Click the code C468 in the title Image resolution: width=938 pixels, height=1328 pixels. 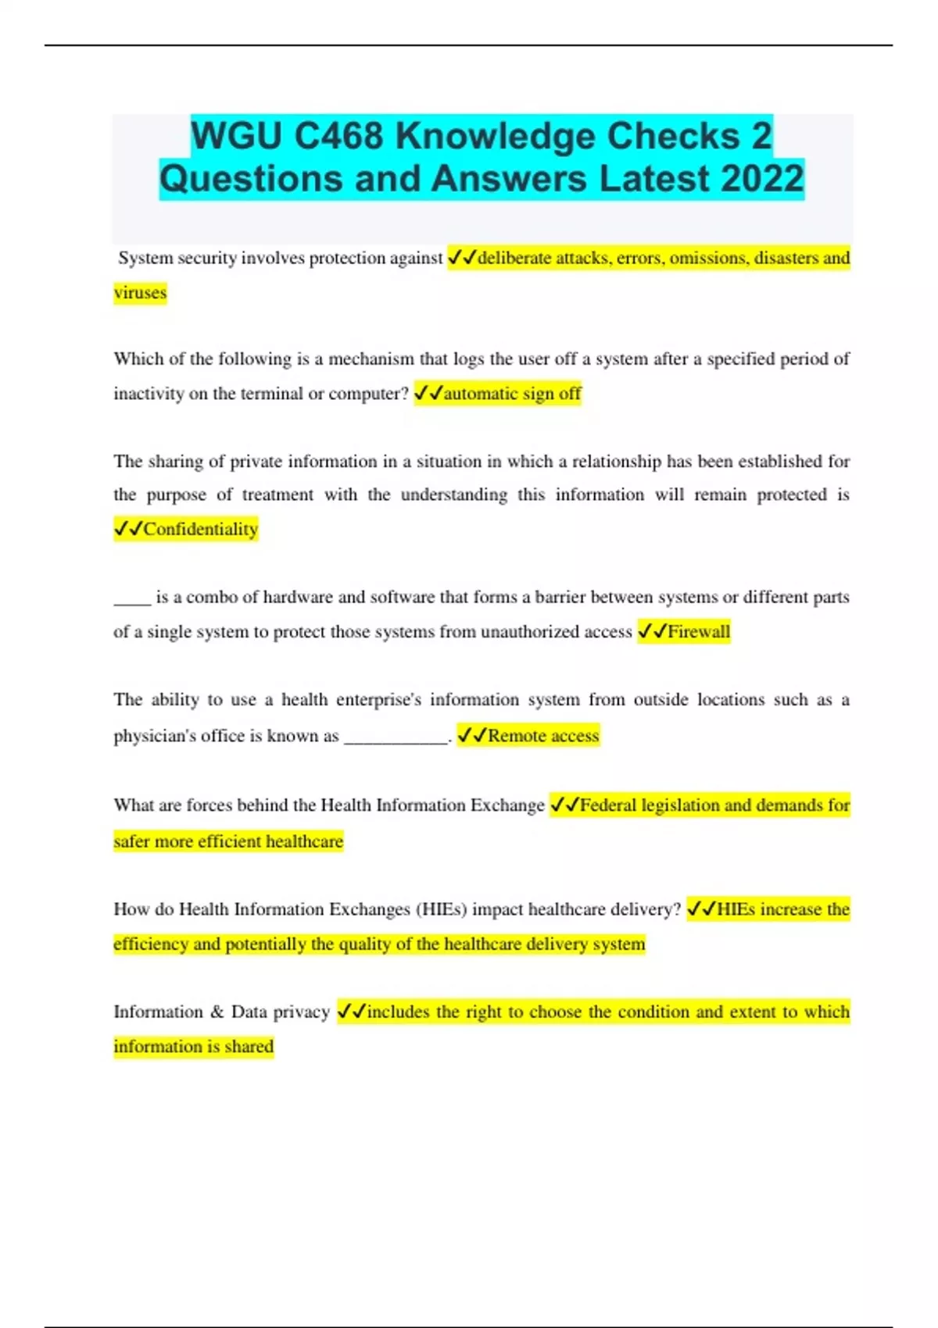(x=339, y=136)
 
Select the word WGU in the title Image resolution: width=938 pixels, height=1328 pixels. (x=238, y=136)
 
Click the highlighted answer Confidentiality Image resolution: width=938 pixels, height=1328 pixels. (x=200, y=529)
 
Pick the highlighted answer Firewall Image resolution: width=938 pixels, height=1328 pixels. (x=698, y=631)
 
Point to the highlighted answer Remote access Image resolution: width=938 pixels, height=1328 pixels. (x=543, y=735)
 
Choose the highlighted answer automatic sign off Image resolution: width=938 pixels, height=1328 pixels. (x=512, y=393)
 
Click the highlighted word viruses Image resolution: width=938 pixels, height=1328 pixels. (x=140, y=293)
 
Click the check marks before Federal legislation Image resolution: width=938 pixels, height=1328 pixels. (x=564, y=805)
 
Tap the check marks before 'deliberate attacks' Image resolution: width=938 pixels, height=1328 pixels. (x=461, y=258)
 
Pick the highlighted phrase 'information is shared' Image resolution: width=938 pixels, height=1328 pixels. (x=193, y=1046)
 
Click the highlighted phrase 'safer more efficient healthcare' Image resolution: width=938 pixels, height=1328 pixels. (x=228, y=841)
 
